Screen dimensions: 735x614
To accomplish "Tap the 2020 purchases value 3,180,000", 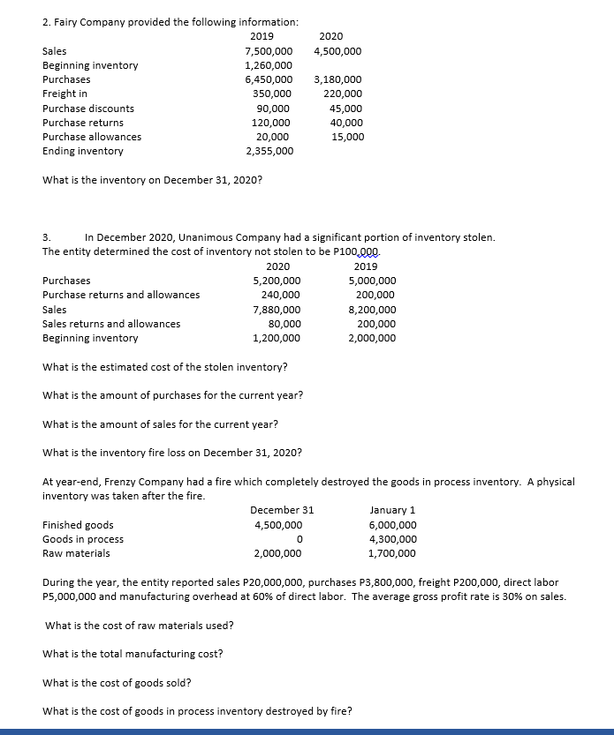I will pyautogui.click(x=337, y=79).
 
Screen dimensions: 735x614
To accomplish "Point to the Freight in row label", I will pyautogui.click(x=64, y=94).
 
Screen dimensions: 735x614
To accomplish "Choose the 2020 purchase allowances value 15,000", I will pyautogui.click(x=347, y=137).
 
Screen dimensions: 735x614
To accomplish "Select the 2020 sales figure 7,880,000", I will pyautogui.click(x=277, y=310).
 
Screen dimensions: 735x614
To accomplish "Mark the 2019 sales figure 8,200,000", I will pyautogui.click(x=373, y=310).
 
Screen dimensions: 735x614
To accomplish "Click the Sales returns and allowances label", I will pyautogui.click(x=111, y=324).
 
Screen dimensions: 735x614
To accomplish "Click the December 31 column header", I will pyautogui.click(x=281, y=510).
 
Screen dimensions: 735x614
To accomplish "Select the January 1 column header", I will pyautogui.click(x=393, y=510).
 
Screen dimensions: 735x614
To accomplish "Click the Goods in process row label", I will pyautogui.click(x=83, y=539).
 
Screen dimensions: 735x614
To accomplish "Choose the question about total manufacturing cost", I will pyautogui.click(x=133, y=654).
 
